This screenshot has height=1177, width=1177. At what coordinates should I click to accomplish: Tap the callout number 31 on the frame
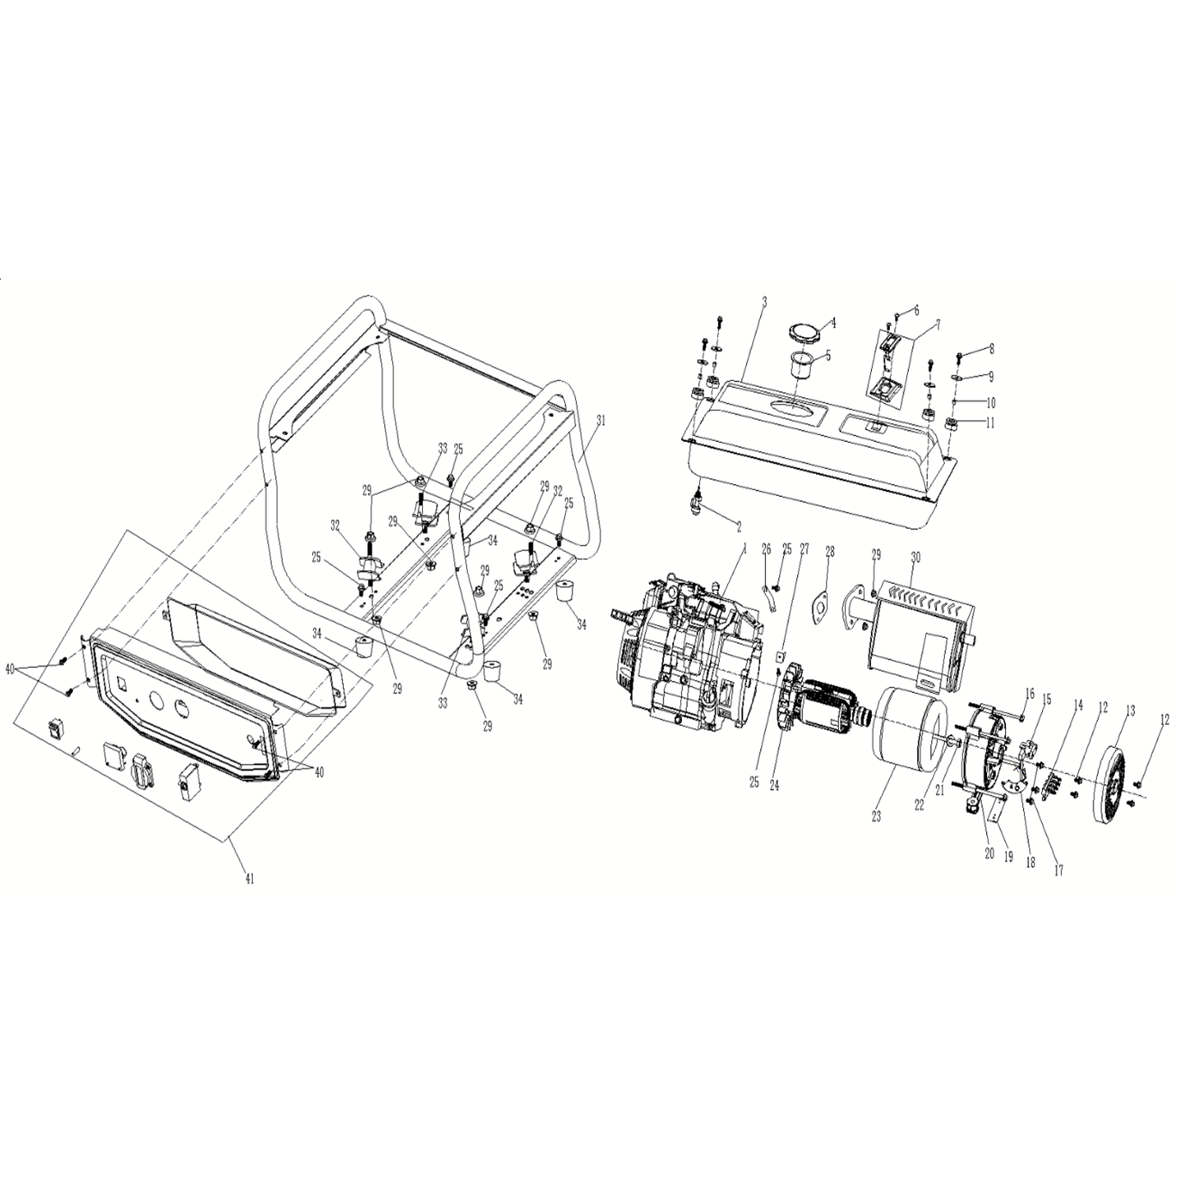point(600,420)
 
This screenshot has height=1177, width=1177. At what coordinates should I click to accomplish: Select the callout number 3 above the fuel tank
point(764,302)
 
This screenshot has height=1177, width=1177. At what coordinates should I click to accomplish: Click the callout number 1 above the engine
point(745,549)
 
